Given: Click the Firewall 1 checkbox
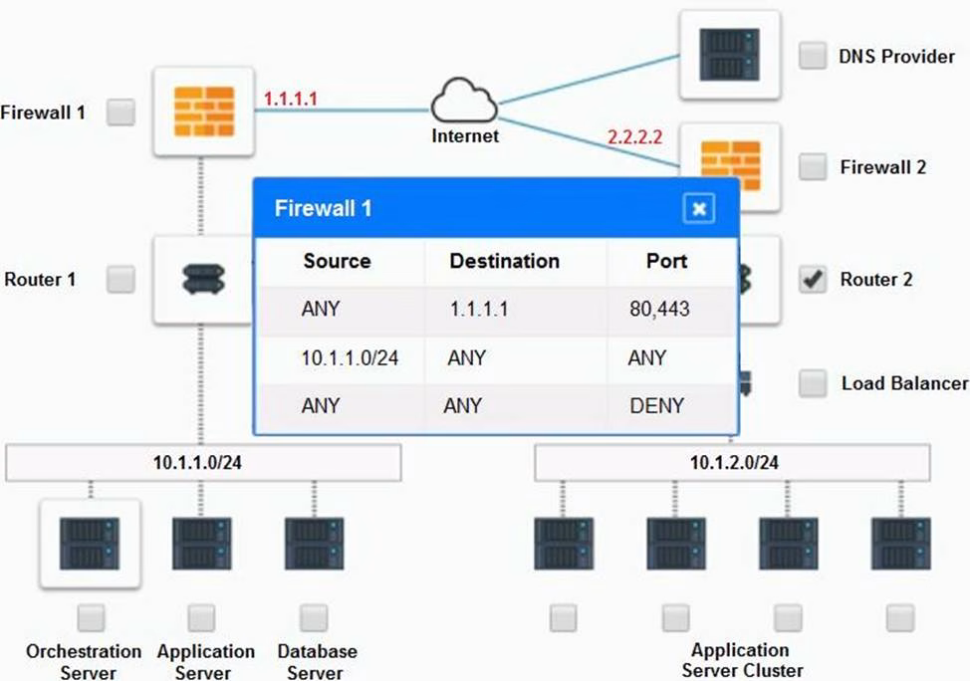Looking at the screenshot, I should coord(121,112).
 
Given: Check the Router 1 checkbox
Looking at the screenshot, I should coord(121,280).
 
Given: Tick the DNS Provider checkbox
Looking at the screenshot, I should coord(813,56).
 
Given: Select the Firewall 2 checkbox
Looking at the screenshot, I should coord(813,167).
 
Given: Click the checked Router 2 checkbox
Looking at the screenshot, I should coord(813,280).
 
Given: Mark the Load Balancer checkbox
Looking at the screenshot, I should coord(813,383).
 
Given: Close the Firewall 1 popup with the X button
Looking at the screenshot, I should coord(699,208).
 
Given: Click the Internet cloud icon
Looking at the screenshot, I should coord(464,105).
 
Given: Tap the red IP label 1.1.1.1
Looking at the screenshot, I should coord(290,99).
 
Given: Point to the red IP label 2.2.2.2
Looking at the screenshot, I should coord(634,134).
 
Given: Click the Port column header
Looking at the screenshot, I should coord(666,261).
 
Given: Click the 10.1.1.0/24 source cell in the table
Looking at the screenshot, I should coord(350,357).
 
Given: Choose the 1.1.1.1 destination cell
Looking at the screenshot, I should coord(479,310).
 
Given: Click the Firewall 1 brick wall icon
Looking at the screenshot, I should coord(204,112).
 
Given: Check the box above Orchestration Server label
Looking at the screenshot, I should coord(91,618).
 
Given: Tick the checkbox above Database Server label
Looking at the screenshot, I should coord(314,618).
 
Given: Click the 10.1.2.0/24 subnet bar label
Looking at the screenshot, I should coord(734,463).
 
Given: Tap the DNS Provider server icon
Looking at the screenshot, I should coord(729,55).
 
